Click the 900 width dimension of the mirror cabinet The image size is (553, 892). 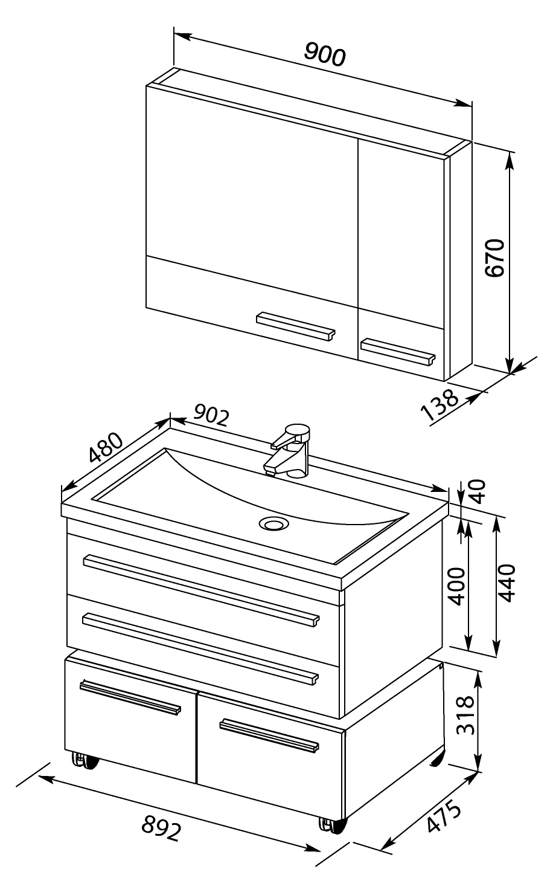[x=325, y=54]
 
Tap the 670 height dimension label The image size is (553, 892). [x=495, y=257]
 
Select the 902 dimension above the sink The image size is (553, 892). [x=212, y=415]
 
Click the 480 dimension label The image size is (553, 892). [x=106, y=447]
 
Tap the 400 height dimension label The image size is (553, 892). [x=456, y=587]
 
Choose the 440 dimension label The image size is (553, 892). [x=507, y=583]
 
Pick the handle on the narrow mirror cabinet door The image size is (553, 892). [x=398, y=351]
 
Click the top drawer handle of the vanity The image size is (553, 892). [x=202, y=590]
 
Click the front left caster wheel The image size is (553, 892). [x=85, y=760]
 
